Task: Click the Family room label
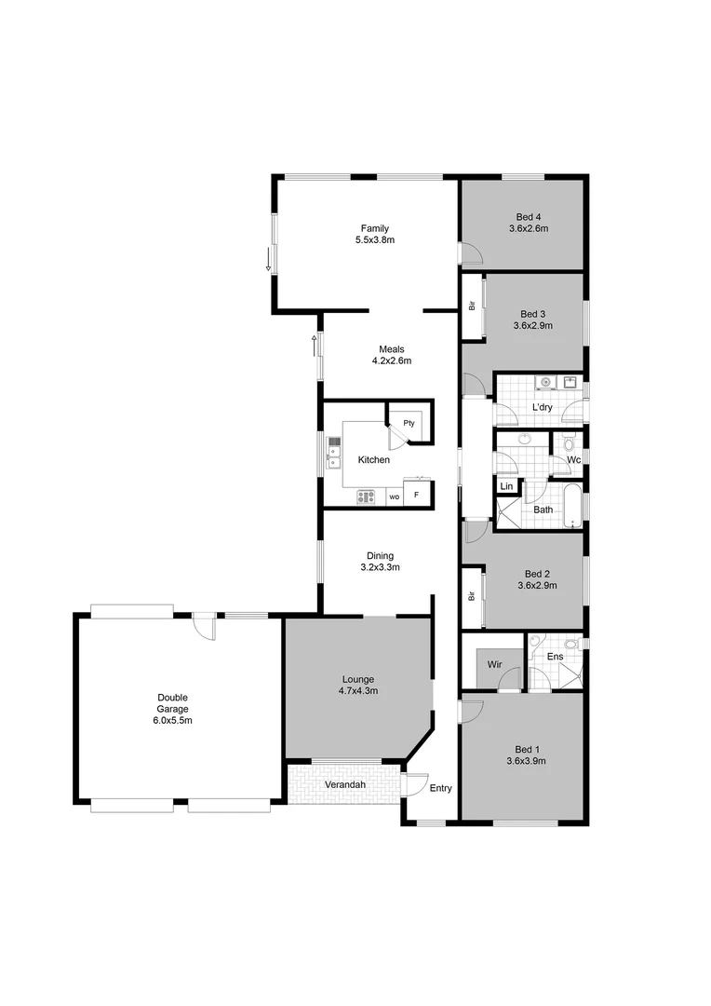[x=375, y=228]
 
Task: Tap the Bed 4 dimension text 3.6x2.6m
[x=528, y=228]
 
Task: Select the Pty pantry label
[x=409, y=423]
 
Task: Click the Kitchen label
[x=373, y=460]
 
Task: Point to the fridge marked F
[x=417, y=496]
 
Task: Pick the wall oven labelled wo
[x=394, y=496]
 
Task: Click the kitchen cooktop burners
[x=366, y=496]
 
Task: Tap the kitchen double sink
[x=334, y=457]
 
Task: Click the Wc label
[x=573, y=460]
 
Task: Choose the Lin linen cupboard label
[x=506, y=486]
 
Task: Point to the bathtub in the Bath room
[x=570, y=509]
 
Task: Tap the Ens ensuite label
[x=555, y=657]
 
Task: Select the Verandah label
[x=344, y=785]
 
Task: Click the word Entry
[x=440, y=789]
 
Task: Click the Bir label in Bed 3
[x=473, y=305]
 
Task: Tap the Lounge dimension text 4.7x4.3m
[x=358, y=691]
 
